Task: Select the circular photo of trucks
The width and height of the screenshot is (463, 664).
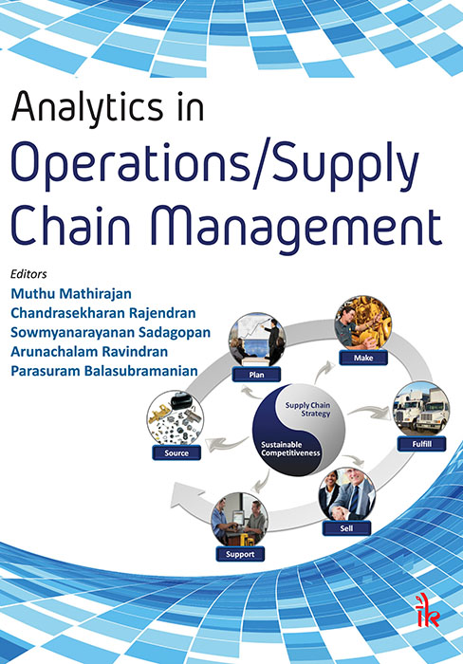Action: [x=419, y=408]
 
